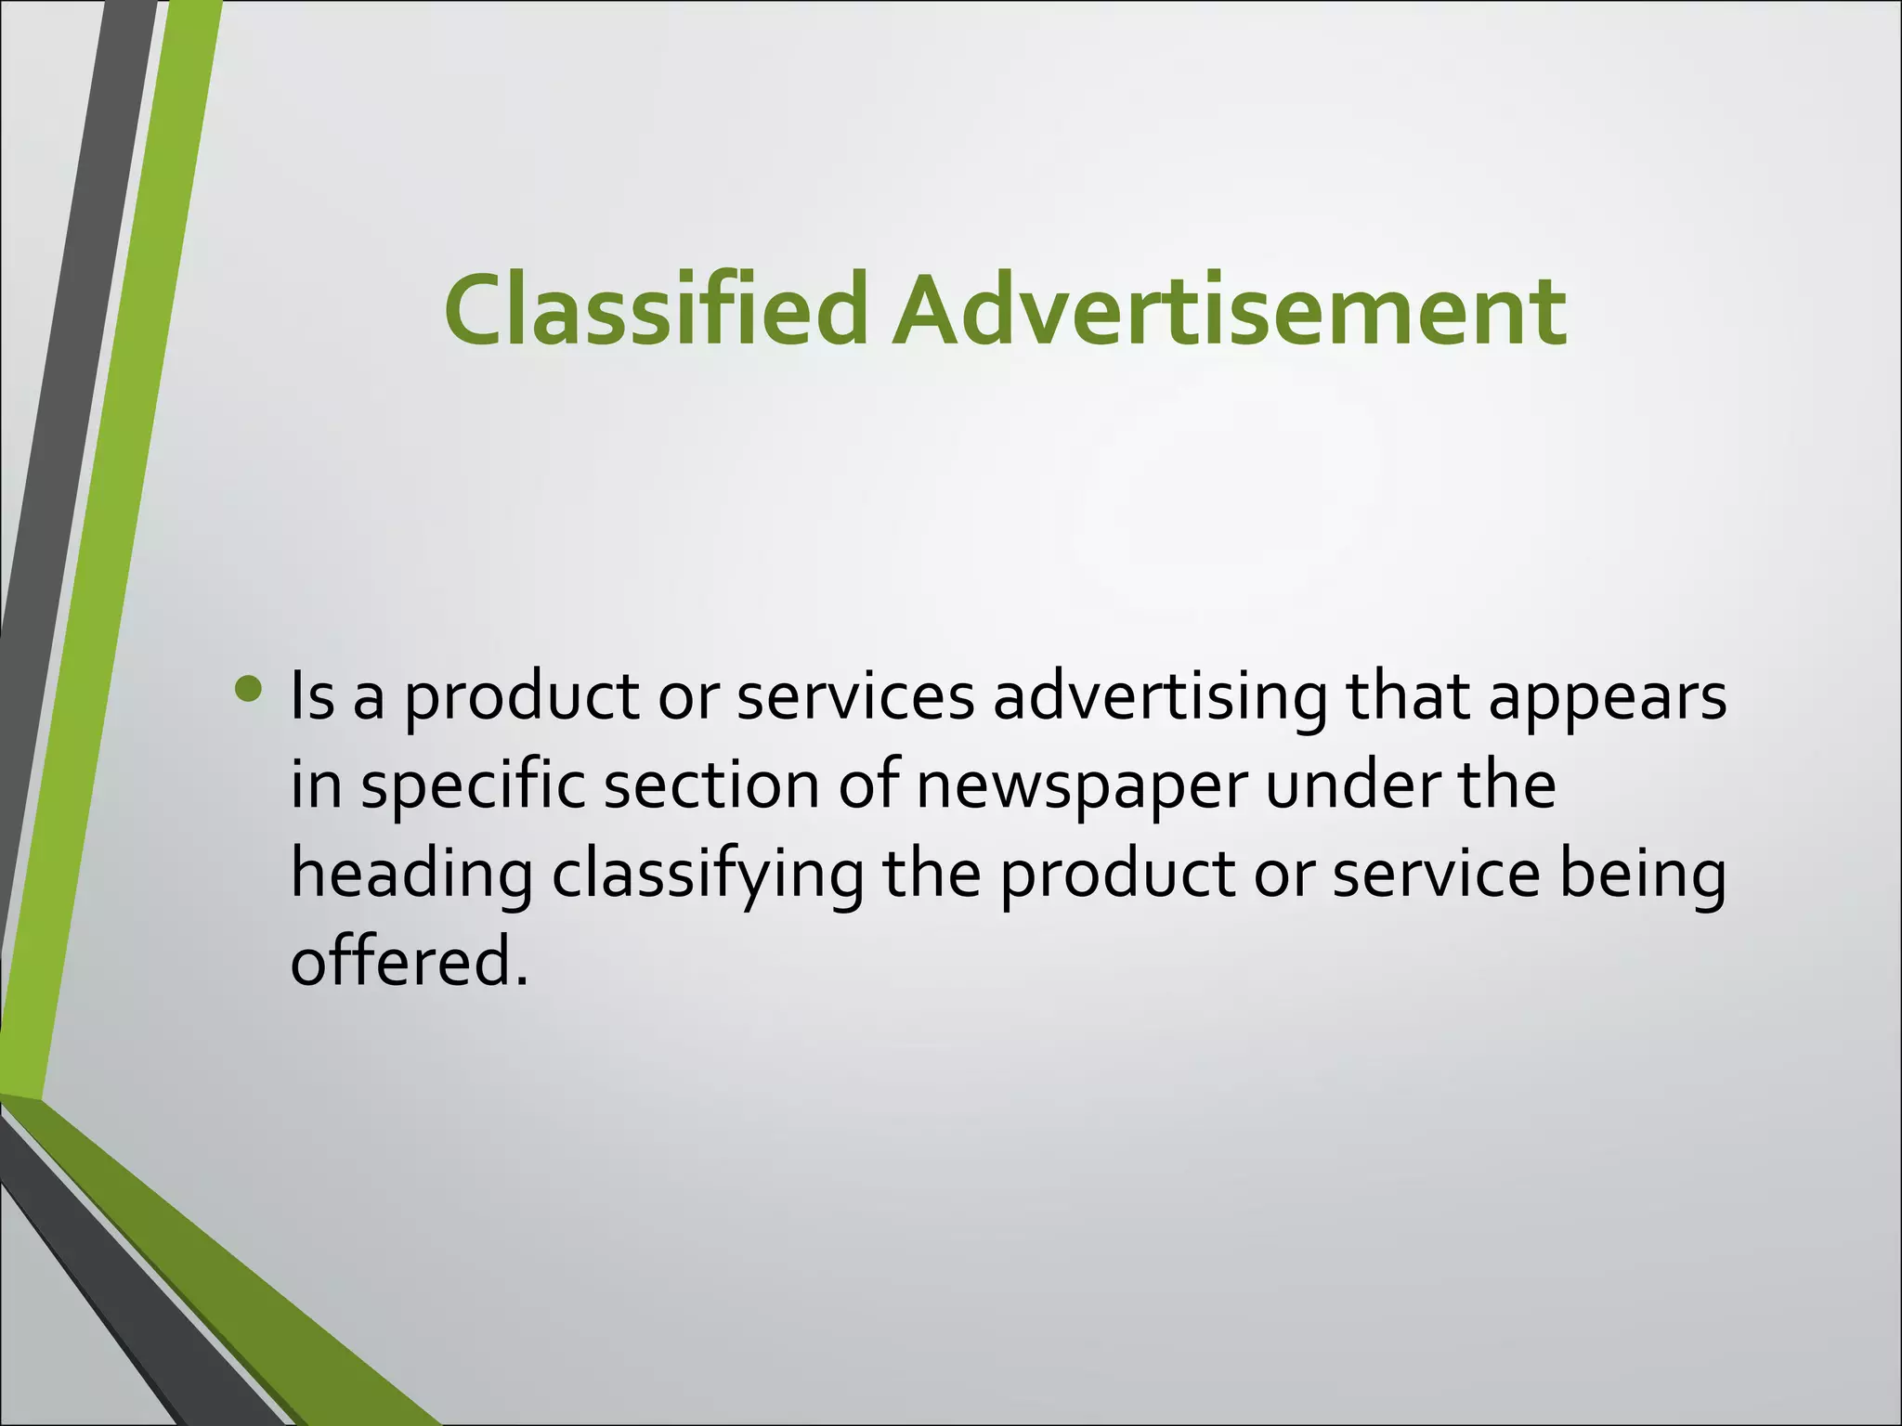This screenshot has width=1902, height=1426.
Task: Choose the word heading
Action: coord(411,875)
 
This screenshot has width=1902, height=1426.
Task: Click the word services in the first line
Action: coord(855,697)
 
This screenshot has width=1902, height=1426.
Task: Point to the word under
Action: coord(1350,785)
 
